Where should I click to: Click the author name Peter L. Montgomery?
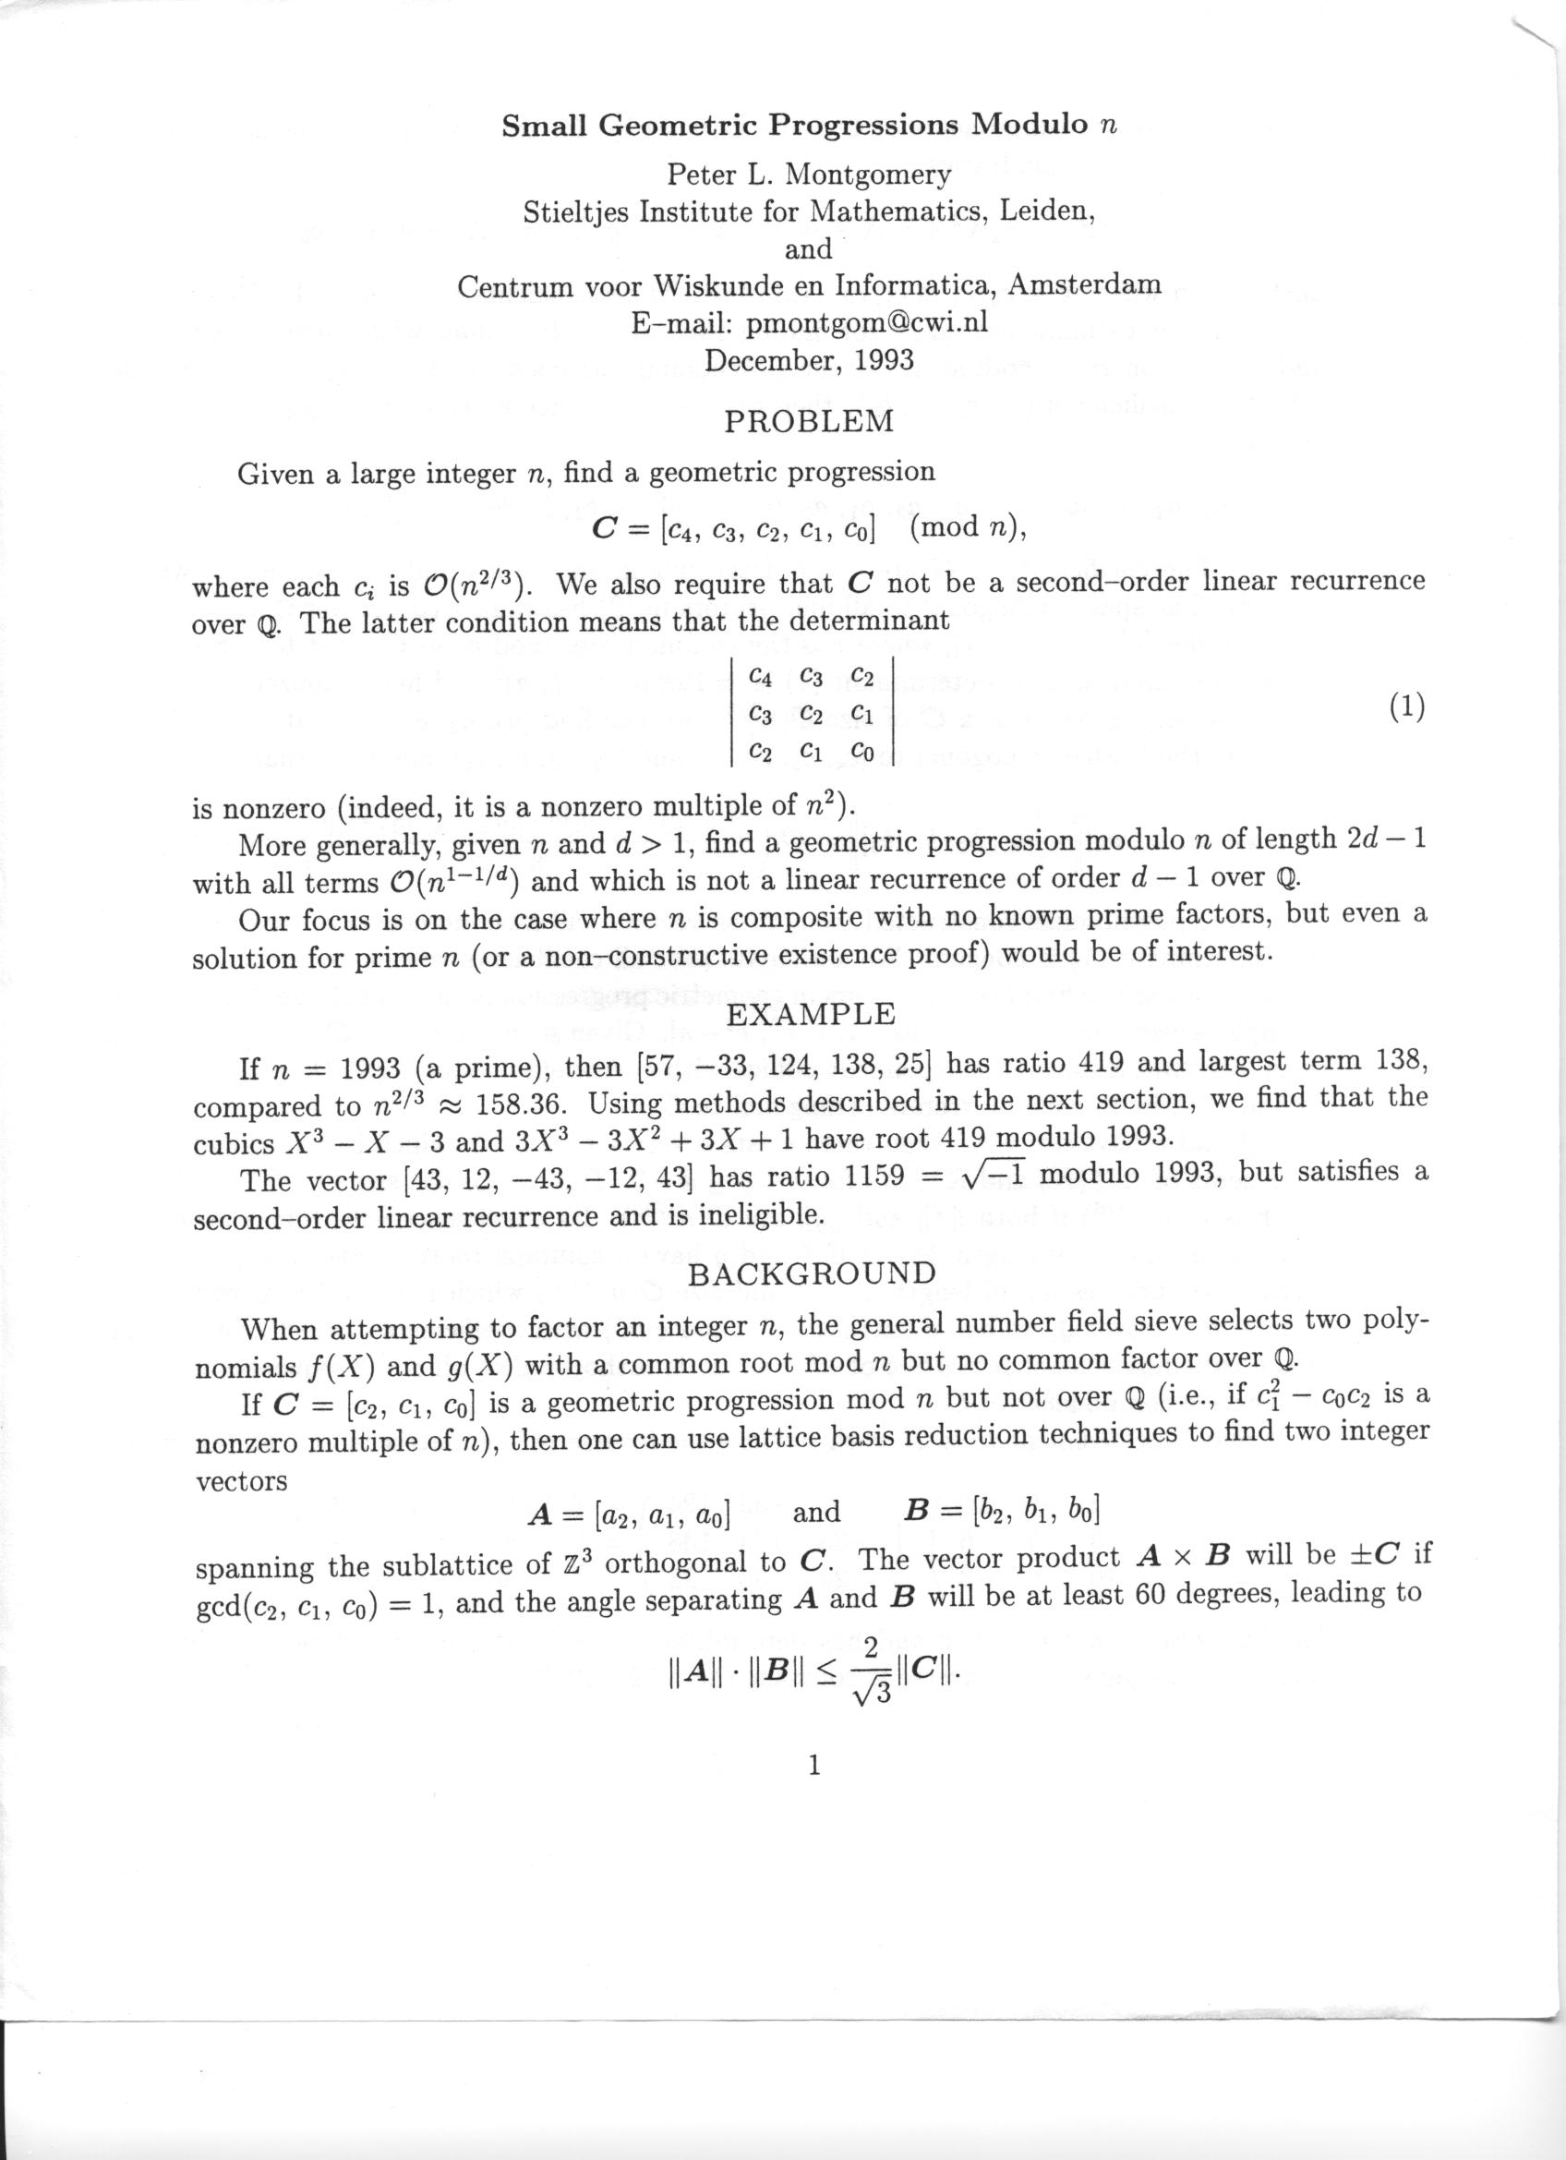808,175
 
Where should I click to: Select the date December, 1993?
808,360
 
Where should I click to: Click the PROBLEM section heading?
809,421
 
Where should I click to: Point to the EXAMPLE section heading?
810,1013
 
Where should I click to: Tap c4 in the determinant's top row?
761,676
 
